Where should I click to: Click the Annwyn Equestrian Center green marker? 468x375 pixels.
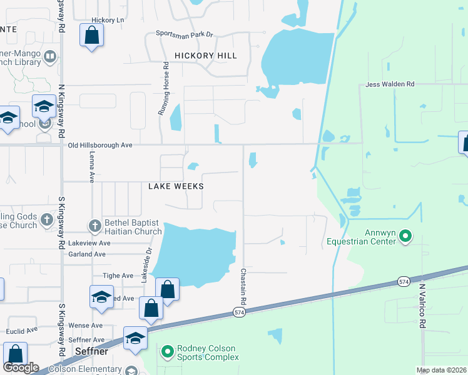point(405,236)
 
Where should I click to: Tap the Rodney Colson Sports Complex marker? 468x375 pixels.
point(167,352)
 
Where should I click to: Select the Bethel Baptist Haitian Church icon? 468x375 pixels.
point(94,226)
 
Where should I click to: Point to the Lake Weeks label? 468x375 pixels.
point(176,186)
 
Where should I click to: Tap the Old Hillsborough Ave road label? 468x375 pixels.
point(100,145)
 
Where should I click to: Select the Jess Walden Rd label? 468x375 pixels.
point(390,84)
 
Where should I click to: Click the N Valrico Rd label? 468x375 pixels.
point(422,306)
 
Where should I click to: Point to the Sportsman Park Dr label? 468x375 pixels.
point(185,34)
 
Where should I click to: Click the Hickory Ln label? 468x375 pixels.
point(108,20)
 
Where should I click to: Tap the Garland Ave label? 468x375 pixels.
point(87,254)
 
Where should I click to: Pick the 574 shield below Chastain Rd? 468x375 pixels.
point(238,311)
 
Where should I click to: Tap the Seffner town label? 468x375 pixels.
point(92,352)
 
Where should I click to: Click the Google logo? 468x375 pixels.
point(21,367)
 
